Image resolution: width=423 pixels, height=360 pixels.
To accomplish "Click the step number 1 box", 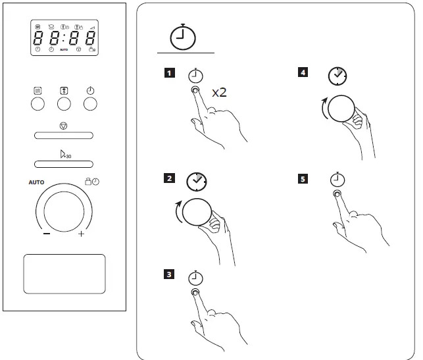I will coord(170,73).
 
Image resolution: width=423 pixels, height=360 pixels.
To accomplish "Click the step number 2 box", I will coord(170,178).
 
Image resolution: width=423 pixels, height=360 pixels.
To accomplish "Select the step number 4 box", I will coord(303,73).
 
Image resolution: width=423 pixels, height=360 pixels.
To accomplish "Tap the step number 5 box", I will coord(303,178).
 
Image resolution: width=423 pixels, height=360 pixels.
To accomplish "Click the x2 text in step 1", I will coord(218,92).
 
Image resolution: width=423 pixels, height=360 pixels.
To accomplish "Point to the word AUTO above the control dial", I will coord(36,182).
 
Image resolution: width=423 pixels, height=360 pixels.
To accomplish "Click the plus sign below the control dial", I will coord(82,234).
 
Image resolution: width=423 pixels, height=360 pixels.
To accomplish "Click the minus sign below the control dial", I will coord(47,234).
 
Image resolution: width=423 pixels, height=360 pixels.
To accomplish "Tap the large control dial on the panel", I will coord(64,211).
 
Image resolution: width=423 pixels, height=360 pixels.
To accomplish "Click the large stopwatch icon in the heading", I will coord(184,38).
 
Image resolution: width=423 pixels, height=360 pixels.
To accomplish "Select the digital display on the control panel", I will coord(64,38).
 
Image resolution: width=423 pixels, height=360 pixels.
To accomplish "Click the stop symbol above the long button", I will coord(64,125).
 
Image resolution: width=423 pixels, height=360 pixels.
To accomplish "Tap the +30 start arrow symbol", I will coord(64,155).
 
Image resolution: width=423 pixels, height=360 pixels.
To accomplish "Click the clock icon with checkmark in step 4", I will coord(337,76).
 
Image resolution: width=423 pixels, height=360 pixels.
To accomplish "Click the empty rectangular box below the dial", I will coord(64,274).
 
